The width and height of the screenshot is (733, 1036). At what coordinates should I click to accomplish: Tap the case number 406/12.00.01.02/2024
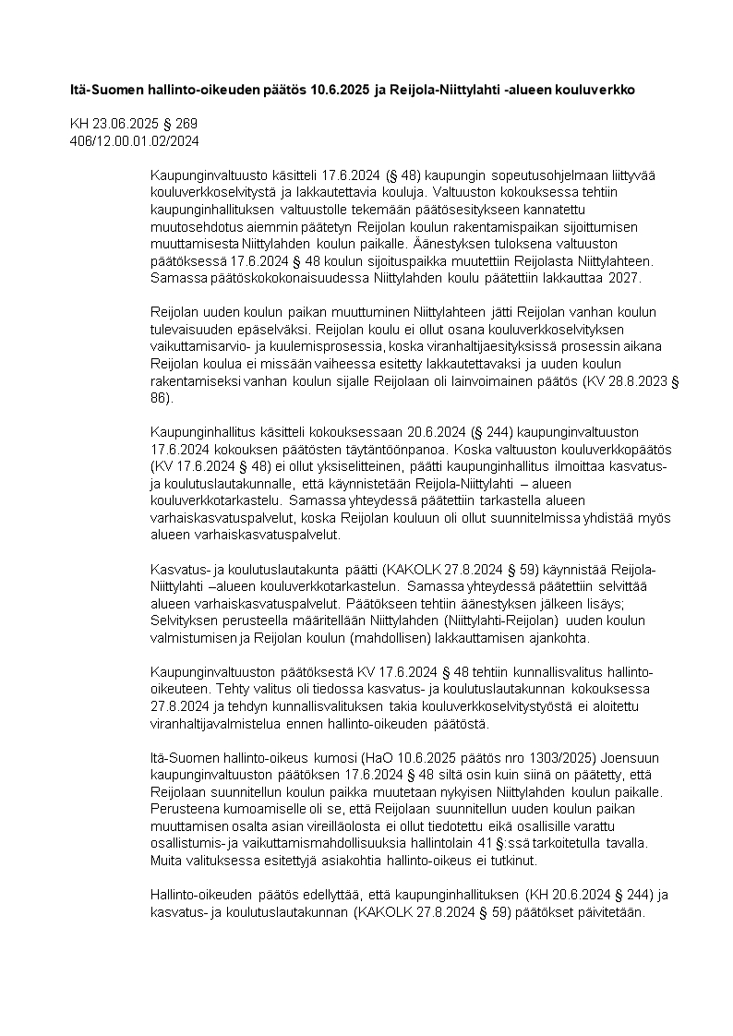135,140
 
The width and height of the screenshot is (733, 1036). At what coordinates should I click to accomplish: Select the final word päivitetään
613,911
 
